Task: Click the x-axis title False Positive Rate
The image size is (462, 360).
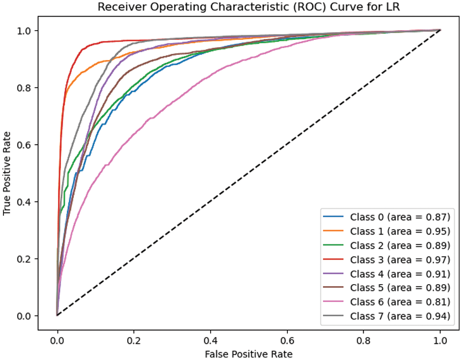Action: tap(249, 354)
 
